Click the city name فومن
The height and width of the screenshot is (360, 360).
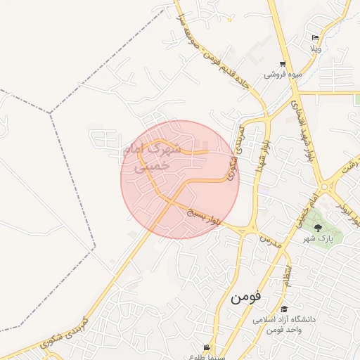[x=245, y=296]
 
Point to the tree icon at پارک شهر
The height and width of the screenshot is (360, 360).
[x=318, y=227]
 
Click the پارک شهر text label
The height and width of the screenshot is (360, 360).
[x=317, y=239]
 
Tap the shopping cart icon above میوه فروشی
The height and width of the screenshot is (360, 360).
[x=283, y=64]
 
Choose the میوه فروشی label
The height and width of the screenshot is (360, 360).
[x=278, y=75]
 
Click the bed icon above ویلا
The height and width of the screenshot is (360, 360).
[x=315, y=38]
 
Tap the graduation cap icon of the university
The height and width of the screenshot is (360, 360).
[x=284, y=309]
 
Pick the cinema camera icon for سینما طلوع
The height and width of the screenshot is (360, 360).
[x=206, y=347]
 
